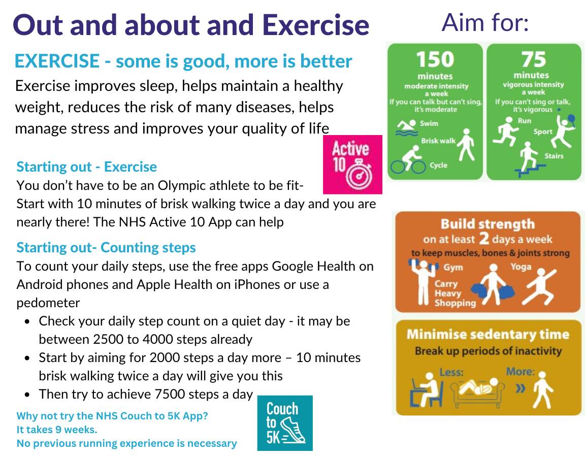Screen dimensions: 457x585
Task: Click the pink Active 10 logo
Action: (x=352, y=164)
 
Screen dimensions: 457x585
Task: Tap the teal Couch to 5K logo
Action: (x=284, y=422)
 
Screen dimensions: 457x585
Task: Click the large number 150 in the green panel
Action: (x=435, y=60)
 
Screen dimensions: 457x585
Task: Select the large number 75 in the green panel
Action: (x=534, y=60)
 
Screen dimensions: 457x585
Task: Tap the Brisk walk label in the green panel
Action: (x=438, y=141)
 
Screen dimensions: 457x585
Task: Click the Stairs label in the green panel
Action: (x=554, y=156)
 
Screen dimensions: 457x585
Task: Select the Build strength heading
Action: (x=487, y=224)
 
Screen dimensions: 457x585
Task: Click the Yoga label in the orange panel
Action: (x=521, y=267)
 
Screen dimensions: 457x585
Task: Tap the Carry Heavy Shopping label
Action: (x=454, y=293)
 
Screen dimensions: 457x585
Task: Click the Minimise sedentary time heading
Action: (x=487, y=335)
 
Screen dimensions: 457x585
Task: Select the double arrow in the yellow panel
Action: (x=520, y=389)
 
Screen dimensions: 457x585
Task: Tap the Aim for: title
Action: (x=485, y=23)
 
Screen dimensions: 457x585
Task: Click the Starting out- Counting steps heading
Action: (x=106, y=247)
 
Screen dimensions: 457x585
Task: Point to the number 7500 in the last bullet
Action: (x=175, y=394)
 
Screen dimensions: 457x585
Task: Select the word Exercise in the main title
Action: (x=315, y=24)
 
